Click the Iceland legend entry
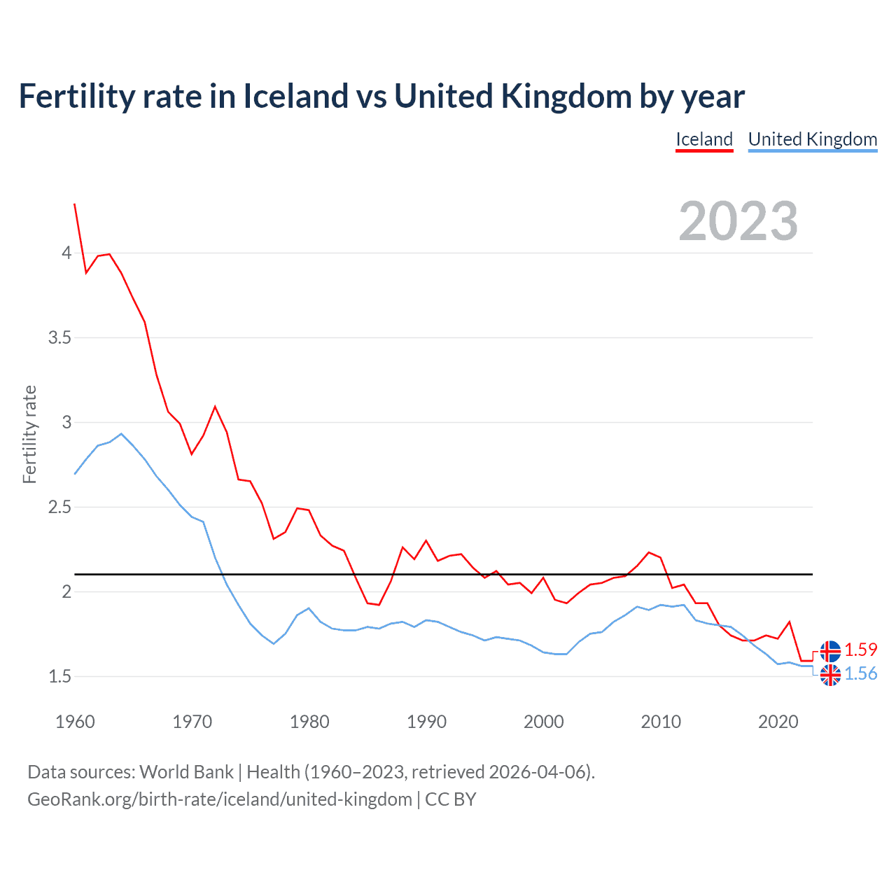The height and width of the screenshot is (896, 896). coord(704,139)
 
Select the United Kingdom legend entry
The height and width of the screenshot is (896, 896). coord(813,139)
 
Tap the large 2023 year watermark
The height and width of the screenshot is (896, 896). coord(738,221)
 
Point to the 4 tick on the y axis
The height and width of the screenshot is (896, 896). coord(66,253)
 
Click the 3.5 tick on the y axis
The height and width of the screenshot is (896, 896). coord(59,337)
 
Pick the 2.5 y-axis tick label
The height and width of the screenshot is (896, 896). coord(59,507)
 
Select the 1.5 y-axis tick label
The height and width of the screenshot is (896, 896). coord(59,676)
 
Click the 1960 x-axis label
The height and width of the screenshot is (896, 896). coord(75,722)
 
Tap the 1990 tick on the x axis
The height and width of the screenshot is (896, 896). coord(426,722)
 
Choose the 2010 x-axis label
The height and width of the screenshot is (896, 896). coord(661,722)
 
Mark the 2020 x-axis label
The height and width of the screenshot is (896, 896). coord(778,722)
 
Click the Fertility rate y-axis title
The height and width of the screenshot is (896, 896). coord(29,434)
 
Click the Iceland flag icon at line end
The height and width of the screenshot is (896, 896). coord(830,651)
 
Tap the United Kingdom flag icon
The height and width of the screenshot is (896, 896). coord(830,675)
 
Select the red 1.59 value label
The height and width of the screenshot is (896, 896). coord(860,650)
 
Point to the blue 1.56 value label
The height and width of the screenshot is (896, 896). coord(860,673)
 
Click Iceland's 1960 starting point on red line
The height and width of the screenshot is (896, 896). coord(75,204)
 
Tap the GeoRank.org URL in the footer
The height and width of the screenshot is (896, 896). coord(219,799)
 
